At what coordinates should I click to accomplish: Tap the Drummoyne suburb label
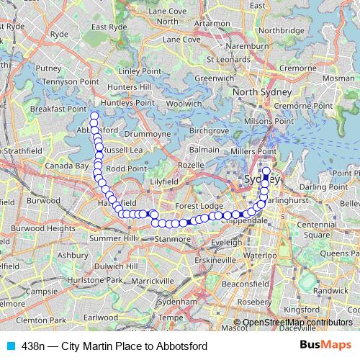147,134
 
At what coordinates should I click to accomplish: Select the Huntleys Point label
128,102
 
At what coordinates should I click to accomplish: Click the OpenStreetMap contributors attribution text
296,323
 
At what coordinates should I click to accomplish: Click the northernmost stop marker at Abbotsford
93,115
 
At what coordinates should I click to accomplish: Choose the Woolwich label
184,104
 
